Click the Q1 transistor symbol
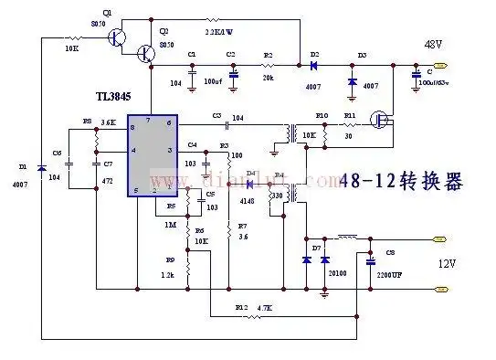(116, 37)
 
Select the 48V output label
(432, 44)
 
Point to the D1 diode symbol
(41, 168)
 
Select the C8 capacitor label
(391, 251)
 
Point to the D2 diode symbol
(313, 66)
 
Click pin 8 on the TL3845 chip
(132, 129)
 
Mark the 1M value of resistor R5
(171, 224)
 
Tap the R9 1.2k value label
(168, 274)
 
